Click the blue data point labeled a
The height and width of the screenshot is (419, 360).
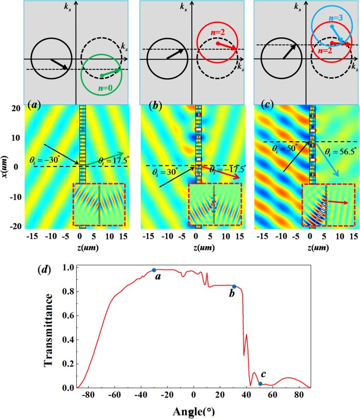154,270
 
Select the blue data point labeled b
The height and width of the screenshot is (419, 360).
234,287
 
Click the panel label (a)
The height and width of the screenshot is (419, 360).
38,111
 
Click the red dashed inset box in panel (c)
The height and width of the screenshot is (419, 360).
328,205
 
